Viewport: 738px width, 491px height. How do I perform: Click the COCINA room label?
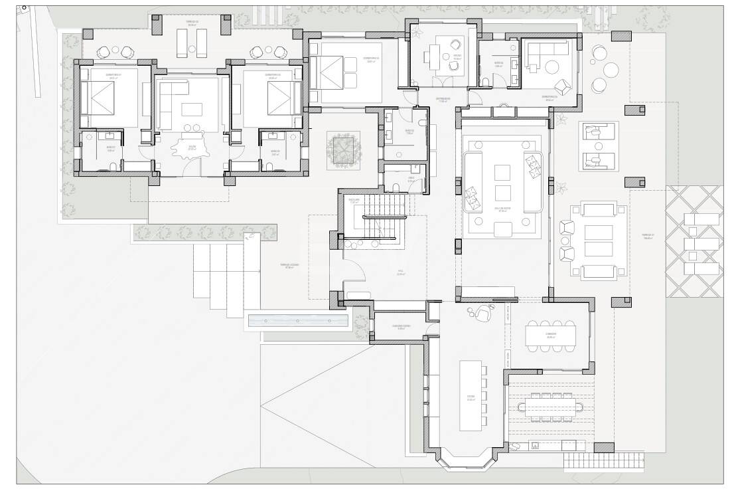tap(471, 398)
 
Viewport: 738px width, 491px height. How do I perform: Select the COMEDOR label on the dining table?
tap(551, 336)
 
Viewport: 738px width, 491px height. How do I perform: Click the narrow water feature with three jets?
tap(298, 321)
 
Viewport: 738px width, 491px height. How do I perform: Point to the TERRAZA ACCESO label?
tap(289, 266)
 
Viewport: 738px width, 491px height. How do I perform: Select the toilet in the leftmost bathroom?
tap(113, 166)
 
